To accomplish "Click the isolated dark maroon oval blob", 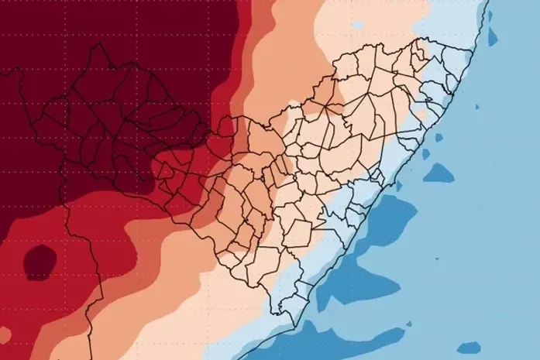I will point(39,261).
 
